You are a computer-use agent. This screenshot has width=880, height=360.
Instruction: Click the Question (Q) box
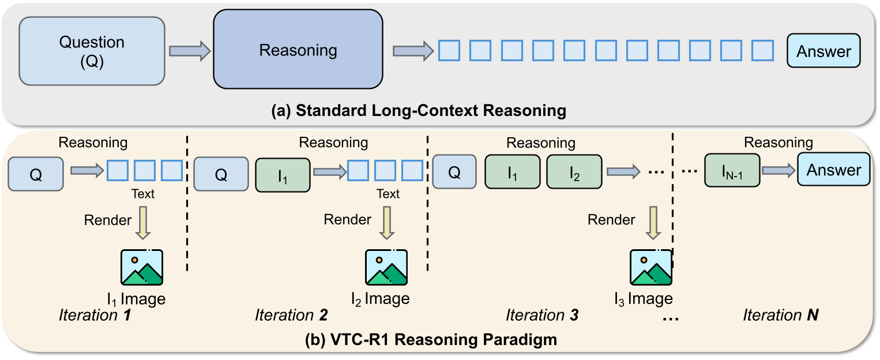tap(92, 51)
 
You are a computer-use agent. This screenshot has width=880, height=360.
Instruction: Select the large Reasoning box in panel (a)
tap(298, 50)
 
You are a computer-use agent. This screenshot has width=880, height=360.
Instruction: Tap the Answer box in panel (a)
tap(823, 51)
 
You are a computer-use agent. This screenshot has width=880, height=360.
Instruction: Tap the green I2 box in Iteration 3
tap(574, 172)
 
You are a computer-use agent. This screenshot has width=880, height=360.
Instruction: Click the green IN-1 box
tap(732, 171)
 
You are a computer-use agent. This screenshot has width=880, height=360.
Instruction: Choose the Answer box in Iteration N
tap(833, 170)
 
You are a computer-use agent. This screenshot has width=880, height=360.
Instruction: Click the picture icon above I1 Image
tap(142, 267)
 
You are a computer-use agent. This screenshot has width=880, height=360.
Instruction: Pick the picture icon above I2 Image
tap(386, 267)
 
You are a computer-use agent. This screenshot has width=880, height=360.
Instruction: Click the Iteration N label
tap(780, 316)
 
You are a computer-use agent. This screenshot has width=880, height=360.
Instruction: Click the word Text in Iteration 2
tap(388, 194)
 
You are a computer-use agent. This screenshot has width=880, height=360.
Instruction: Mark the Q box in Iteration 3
tap(454, 172)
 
